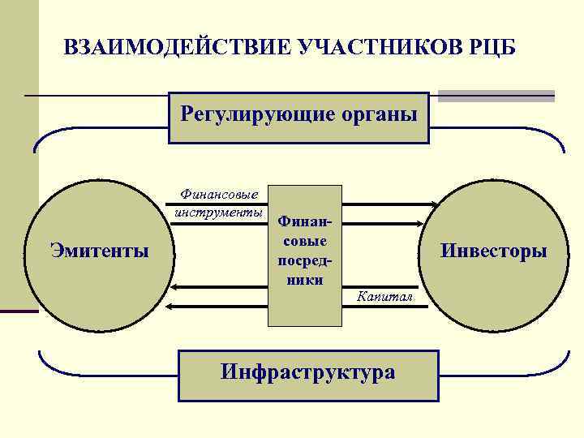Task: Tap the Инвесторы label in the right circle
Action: (493, 251)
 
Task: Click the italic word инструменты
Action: (217, 213)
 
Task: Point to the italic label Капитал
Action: (385, 298)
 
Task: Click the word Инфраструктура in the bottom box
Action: (308, 372)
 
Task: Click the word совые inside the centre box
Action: (303, 241)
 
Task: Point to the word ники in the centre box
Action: (303, 280)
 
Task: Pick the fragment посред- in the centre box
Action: (303, 260)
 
